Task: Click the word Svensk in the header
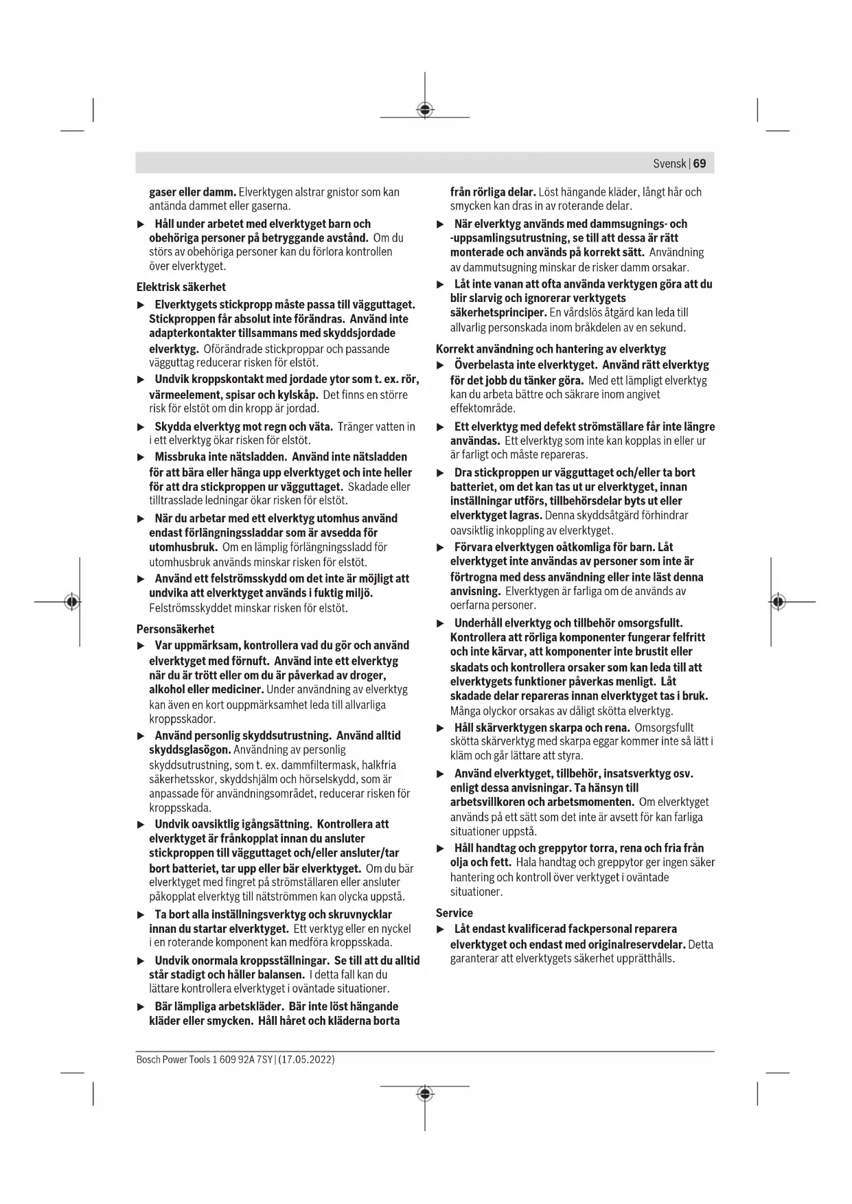click(x=669, y=163)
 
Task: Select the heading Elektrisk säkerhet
click(x=181, y=287)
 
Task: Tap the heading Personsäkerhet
click(x=175, y=629)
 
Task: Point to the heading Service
click(x=454, y=913)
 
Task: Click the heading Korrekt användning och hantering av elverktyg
click(x=551, y=349)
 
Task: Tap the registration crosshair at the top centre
click(x=425, y=109)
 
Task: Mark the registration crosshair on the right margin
click(x=777, y=602)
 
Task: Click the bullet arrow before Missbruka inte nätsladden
click(x=141, y=457)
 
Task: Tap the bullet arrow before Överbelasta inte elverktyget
click(x=441, y=366)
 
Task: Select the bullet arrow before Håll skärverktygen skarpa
click(x=441, y=728)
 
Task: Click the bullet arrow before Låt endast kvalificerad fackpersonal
click(x=441, y=929)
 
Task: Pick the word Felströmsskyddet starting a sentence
click(x=182, y=608)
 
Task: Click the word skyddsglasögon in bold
click(x=189, y=750)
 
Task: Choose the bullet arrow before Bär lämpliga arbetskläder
click(x=141, y=1007)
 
